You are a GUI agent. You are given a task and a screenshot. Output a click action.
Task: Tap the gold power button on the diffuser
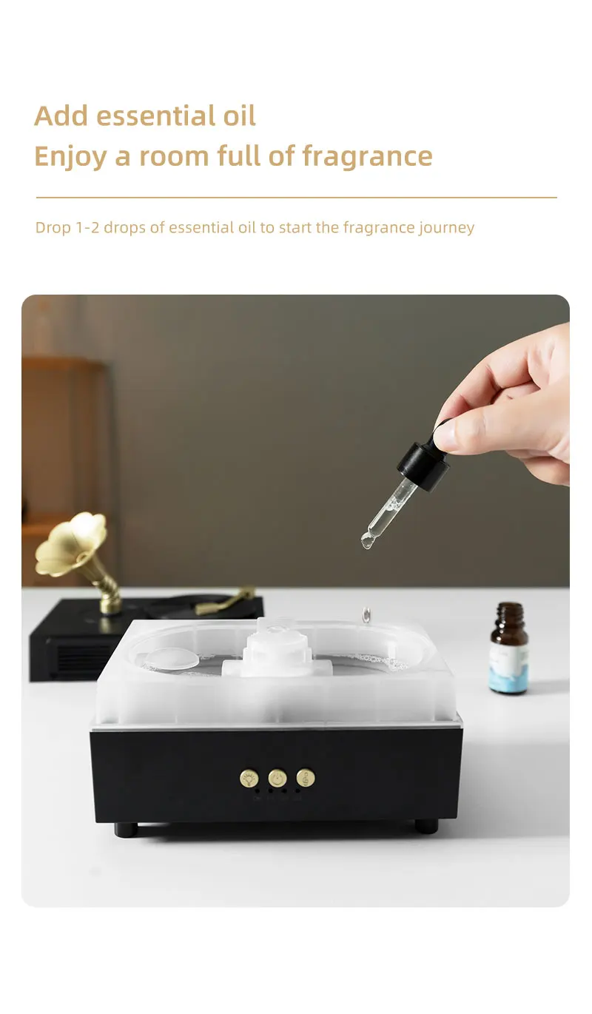277,779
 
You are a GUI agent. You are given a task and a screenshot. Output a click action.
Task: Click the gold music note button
306,778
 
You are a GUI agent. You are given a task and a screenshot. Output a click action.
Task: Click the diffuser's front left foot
126,829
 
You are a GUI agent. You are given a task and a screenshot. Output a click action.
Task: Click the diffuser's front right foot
426,827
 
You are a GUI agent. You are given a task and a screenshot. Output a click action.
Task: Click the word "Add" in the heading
61,116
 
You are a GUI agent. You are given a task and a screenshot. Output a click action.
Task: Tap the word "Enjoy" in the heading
70,158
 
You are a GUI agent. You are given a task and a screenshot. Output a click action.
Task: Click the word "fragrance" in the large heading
367,158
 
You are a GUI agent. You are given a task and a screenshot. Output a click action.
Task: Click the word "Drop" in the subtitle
53,228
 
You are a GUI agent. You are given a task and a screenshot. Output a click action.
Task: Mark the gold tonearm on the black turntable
225,601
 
